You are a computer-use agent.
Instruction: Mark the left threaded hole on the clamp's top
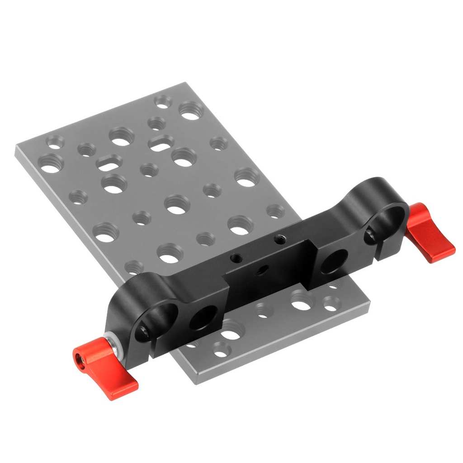click(x=235, y=259)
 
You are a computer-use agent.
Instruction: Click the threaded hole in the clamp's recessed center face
click(x=261, y=271)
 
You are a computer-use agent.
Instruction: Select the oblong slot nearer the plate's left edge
click(x=109, y=162)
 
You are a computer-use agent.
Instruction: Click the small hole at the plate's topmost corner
click(x=162, y=101)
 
